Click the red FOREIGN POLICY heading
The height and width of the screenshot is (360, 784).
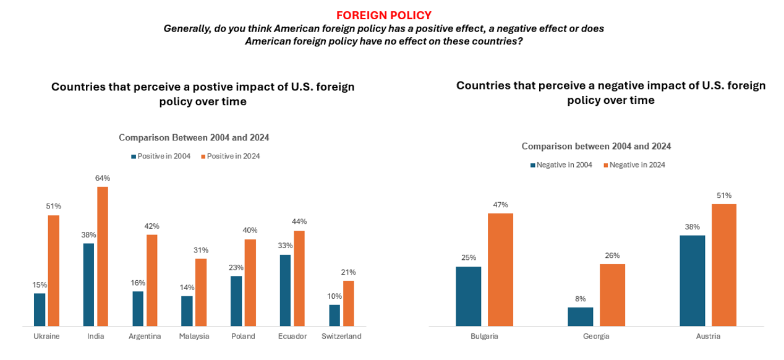click(x=384, y=15)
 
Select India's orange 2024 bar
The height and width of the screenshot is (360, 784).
click(x=103, y=256)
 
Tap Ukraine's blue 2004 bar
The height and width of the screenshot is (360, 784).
click(x=40, y=309)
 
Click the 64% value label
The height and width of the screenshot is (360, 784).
click(x=103, y=178)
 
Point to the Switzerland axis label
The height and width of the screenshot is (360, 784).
click(x=341, y=336)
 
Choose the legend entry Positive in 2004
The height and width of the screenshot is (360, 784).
click(x=161, y=156)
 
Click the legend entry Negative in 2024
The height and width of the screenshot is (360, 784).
click(x=634, y=165)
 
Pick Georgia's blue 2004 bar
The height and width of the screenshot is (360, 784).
click(x=581, y=317)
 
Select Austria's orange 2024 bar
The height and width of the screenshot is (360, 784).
click(x=724, y=265)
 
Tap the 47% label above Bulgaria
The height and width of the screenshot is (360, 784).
click(x=500, y=205)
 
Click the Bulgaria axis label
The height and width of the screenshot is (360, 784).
click(x=484, y=336)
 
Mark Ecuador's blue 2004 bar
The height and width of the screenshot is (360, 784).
click(x=285, y=290)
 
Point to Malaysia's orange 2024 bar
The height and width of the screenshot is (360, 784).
click(x=201, y=293)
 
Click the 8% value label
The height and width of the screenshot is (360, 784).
click(x=581, y=299)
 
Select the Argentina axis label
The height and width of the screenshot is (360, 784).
click(x=145, y=336)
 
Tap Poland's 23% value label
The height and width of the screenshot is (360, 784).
click(x=236, y=268)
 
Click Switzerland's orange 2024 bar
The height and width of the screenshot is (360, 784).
click(x=349, y=303)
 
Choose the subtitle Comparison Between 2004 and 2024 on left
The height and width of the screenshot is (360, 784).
click(x=194, y=137)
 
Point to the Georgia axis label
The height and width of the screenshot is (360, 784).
click(x=596, y=336)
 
